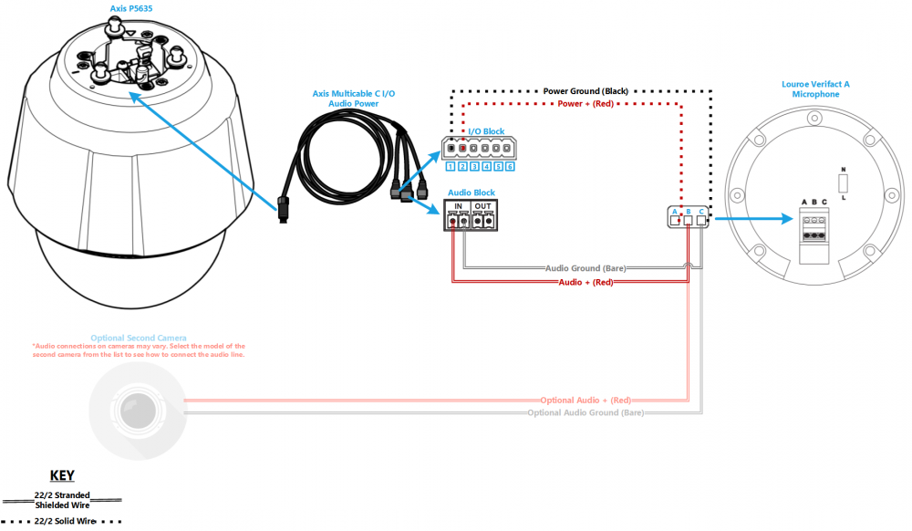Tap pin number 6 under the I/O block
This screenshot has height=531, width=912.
511,167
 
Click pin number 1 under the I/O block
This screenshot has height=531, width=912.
451,167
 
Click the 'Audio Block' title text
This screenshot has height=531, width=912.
471,193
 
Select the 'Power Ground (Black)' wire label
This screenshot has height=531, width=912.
586,91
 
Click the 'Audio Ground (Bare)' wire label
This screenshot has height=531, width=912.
586,268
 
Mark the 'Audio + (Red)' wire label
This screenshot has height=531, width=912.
586,283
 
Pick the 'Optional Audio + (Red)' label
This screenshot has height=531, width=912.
586,401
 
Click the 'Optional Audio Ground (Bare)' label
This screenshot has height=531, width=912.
586,412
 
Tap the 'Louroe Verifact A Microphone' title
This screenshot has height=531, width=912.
815,88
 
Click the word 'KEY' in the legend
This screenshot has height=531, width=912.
62,475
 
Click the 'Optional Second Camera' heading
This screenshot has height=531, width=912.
138,338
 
